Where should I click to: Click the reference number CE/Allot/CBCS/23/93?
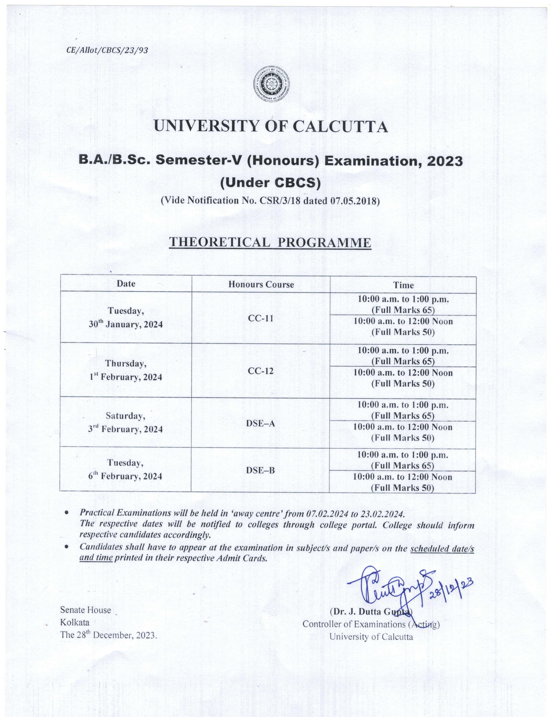click(x=107, y=50)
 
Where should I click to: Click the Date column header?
click(x=126, y=284)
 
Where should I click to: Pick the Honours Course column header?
click(x=261, y=284)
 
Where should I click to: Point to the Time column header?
click(x=404, y=285)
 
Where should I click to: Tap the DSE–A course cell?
click(x=260, y=423)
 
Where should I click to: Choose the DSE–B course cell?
click(x=260, y=470)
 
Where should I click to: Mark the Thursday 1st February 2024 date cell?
click(x=126, y=370)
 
